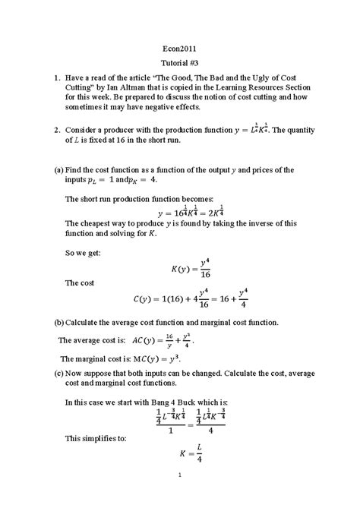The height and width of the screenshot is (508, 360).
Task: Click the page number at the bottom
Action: (180, 476)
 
